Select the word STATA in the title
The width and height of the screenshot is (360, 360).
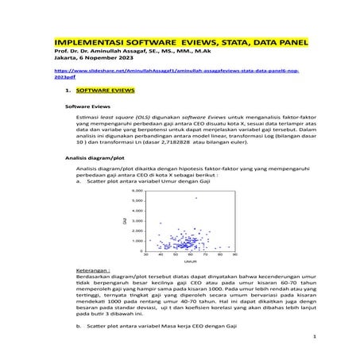coord(244,42)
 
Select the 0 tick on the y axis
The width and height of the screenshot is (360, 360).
coord(139,250)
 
